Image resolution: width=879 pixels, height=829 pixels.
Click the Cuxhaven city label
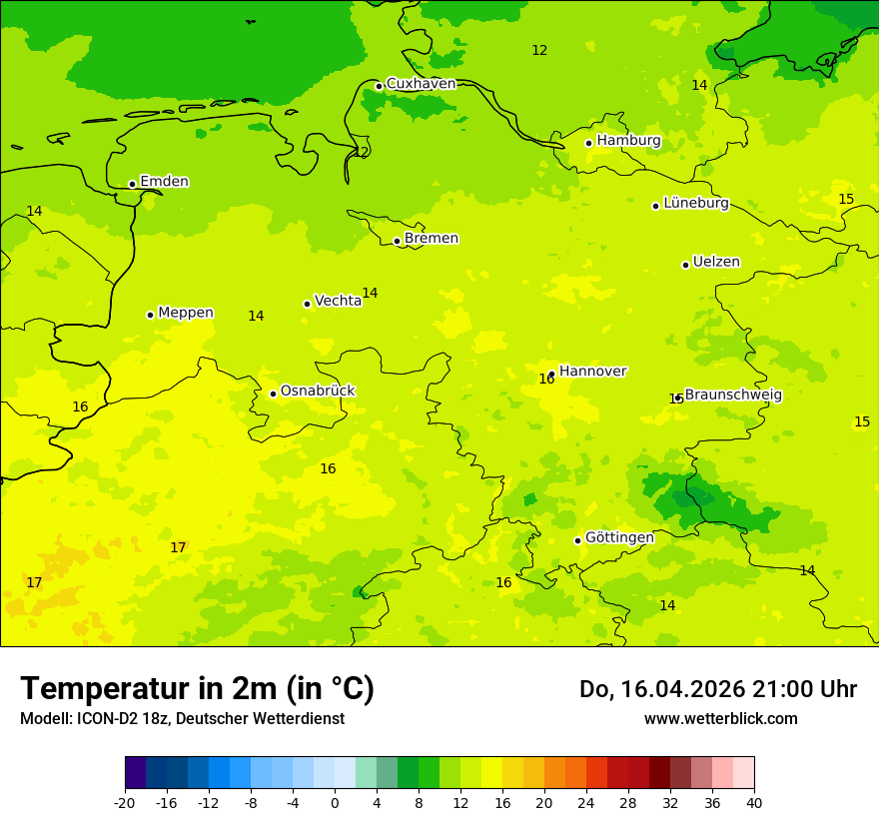(421, 84)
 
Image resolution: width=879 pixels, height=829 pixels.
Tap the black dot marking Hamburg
(589, 143)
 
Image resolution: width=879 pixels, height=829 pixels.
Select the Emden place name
(164, 182)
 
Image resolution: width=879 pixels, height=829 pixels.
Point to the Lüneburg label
(696, 203)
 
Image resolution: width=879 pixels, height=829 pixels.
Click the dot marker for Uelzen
(685, 265)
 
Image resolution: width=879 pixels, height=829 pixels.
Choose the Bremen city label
(432, 239)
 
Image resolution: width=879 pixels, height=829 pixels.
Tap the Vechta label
(338, 301)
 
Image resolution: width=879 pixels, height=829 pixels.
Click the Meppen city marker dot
(150, 315)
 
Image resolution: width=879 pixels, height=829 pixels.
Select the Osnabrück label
(318, 392)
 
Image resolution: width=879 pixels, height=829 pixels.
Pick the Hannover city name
(592, 372)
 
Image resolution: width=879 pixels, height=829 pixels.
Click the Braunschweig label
(733, 396)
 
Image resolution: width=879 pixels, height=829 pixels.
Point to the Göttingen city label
(619, 537)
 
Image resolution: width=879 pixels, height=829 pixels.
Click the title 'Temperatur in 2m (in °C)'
(197, 688)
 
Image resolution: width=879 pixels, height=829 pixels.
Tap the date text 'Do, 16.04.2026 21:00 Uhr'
(717, 689)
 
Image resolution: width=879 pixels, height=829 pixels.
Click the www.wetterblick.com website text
(720, 719)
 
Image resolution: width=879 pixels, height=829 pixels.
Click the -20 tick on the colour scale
(125, 803)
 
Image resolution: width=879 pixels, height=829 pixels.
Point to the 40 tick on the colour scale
(754, 803)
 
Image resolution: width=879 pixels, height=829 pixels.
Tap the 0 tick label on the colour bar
(335, 803)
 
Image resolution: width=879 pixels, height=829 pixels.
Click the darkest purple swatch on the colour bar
(135, 773)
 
